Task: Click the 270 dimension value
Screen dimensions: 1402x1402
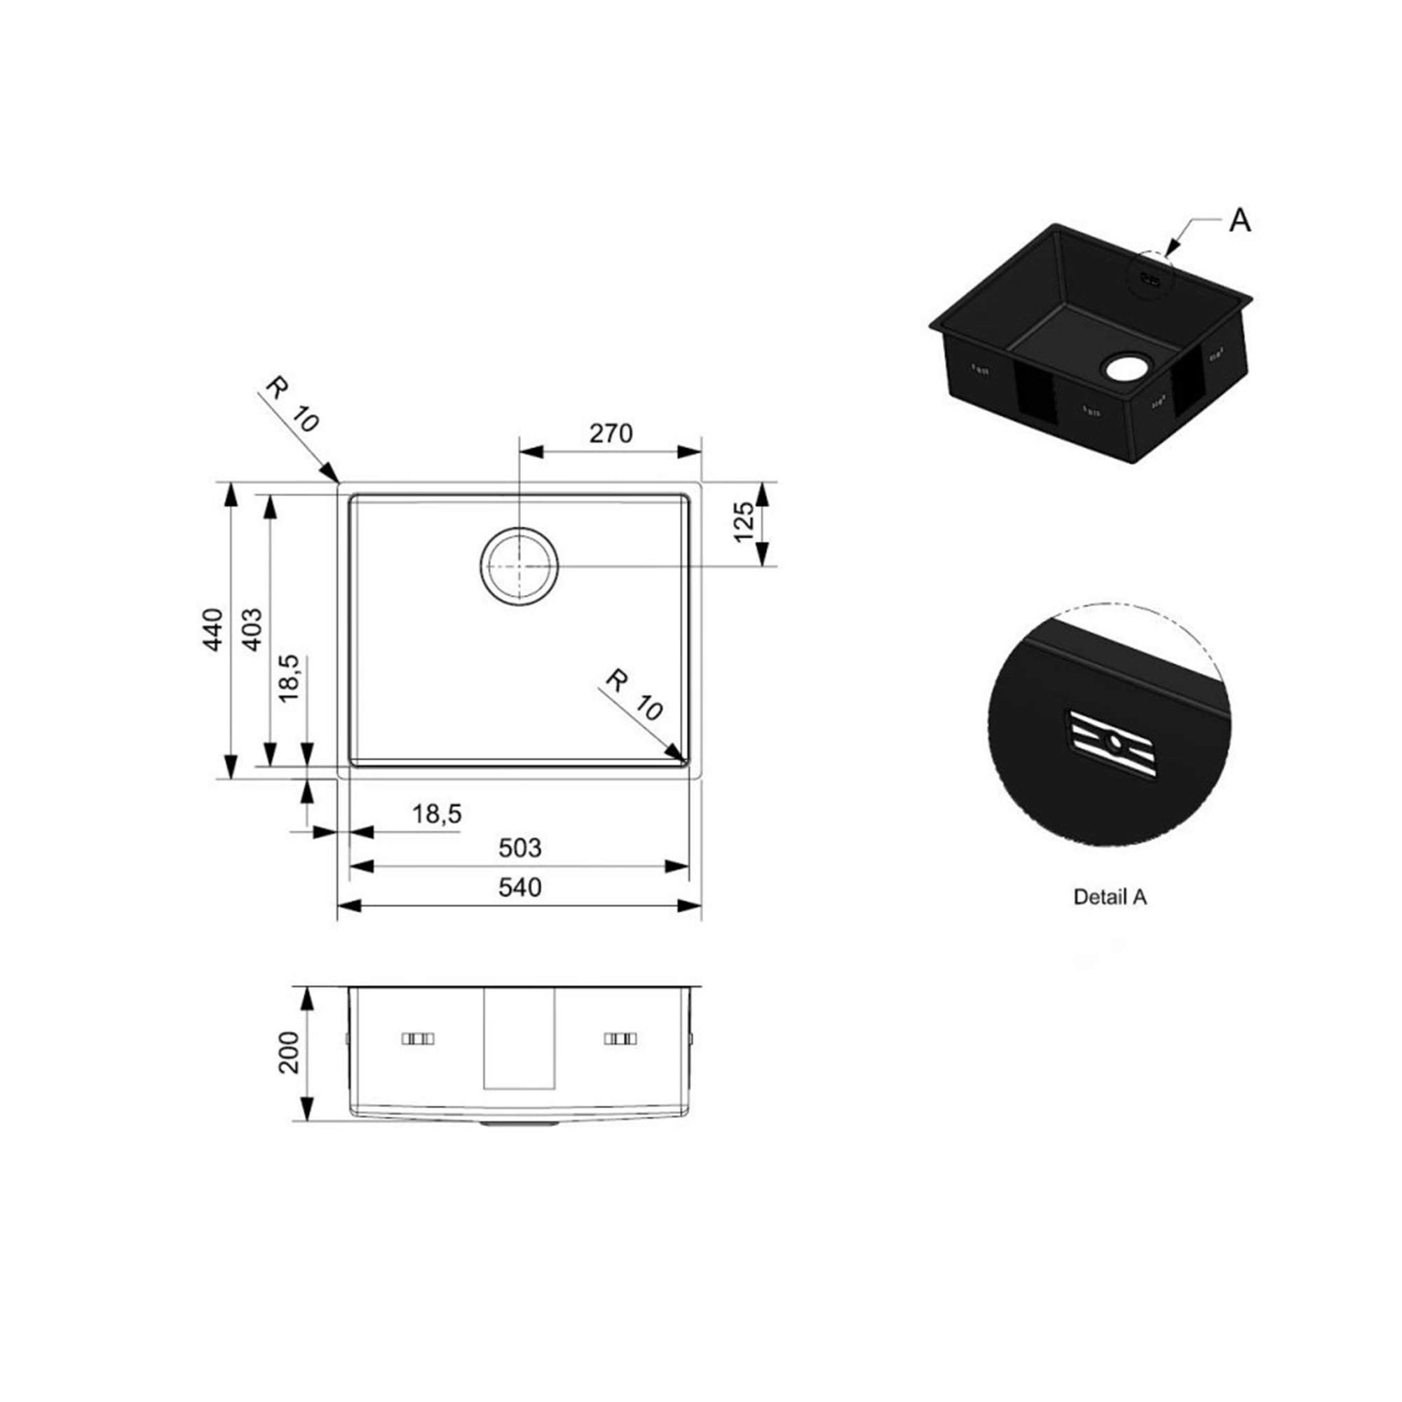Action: point(611,433)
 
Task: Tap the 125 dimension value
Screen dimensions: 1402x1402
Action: point(744,522)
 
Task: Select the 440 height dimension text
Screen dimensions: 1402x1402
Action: point(212,629)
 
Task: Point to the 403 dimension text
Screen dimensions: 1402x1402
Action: point(251,629)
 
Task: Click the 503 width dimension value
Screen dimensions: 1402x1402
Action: point(519,848)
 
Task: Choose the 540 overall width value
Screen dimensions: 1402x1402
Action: point(519,887)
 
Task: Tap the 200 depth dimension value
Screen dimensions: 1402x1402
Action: point(289,1052)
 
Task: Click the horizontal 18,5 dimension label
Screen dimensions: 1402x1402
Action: point(437,813)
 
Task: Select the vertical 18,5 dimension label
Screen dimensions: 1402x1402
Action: point(289,678)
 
